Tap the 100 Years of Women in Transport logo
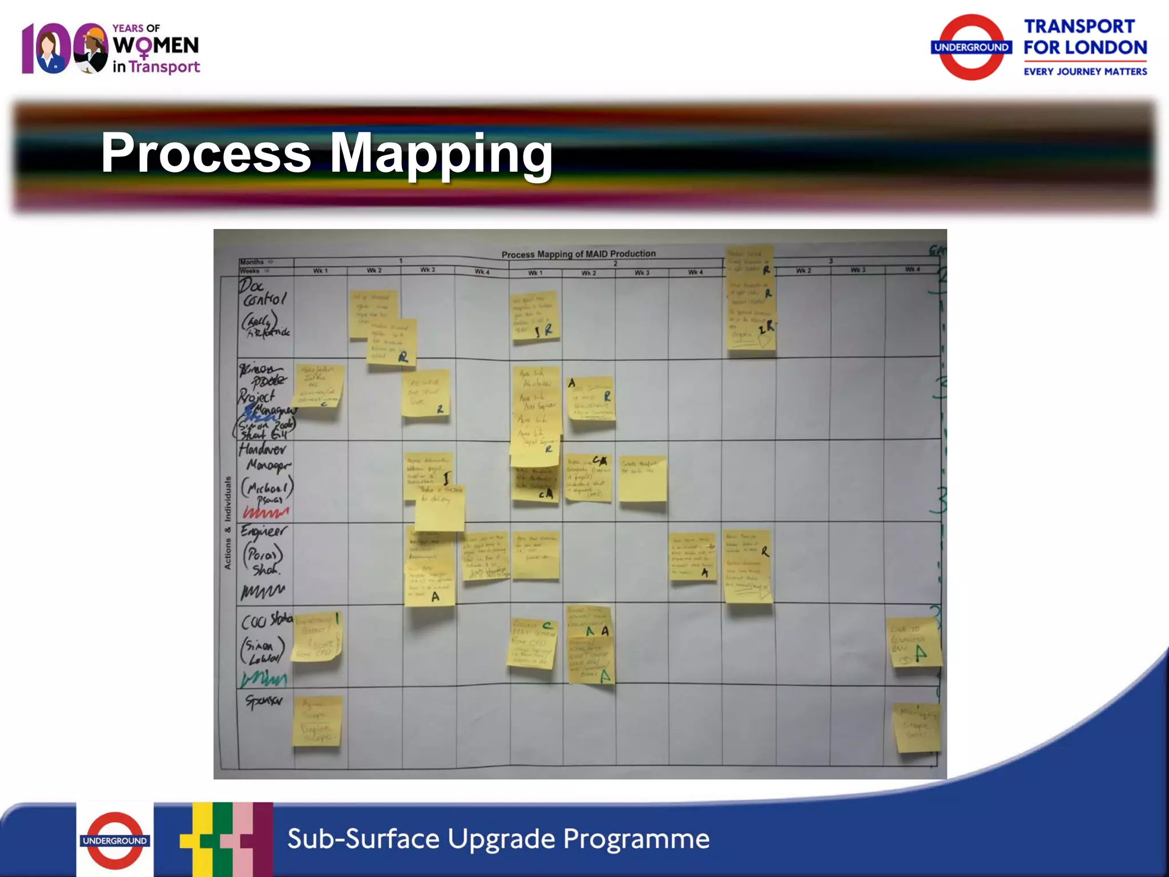(x=111, y=49)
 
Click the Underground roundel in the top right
(x=972, y=47)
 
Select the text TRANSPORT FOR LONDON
(x=1085, y=37)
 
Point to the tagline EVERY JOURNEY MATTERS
(x=1085, y=71)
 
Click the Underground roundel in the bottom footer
(x=115, y=840)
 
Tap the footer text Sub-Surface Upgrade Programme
(x=498, y=839)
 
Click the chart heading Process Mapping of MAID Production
(x=578, y=254)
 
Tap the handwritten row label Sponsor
(x=264, y=701)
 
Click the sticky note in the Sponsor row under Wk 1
(x=317, y=722)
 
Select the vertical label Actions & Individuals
(x=228, y=522)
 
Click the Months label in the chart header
(x=252, y=262)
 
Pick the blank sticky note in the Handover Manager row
(x=642, y=480)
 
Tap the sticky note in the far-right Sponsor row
(x=916, y=727)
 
